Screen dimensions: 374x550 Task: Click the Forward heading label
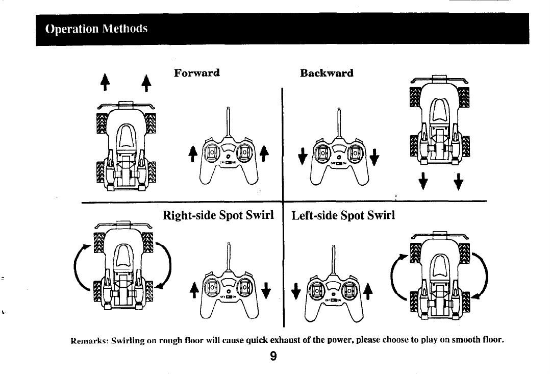[196, 72]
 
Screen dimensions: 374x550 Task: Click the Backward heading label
[327, 73]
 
